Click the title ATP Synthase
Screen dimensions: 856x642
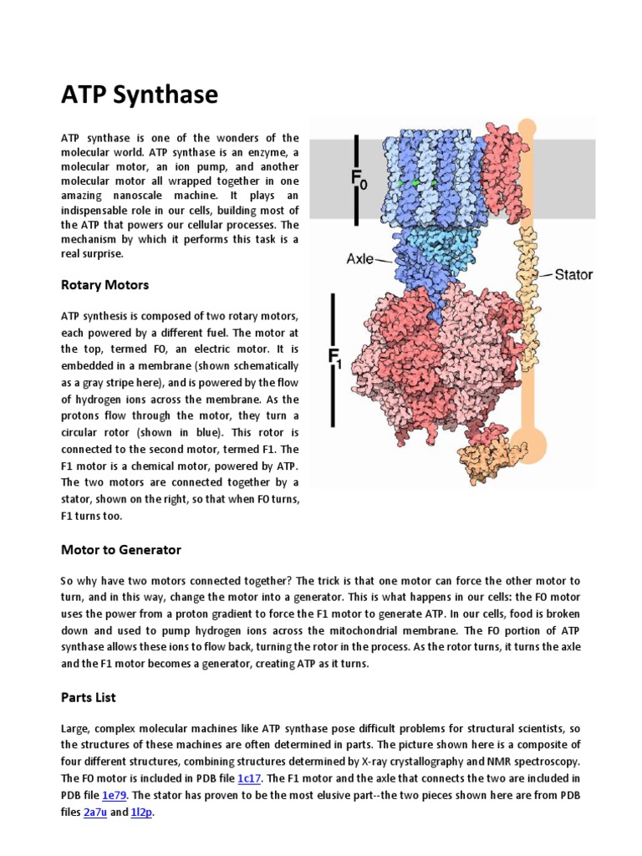coord(139,95)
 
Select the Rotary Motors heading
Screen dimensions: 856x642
coord(104,285)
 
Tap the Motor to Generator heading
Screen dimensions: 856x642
coord(120,549)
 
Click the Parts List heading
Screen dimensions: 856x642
coord(88,696)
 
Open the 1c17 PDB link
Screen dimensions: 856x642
coord(249,778)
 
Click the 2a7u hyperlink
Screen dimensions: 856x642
coord(95,812)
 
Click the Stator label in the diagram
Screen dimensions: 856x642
coord(573,274)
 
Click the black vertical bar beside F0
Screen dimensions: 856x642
coord(357,179)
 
